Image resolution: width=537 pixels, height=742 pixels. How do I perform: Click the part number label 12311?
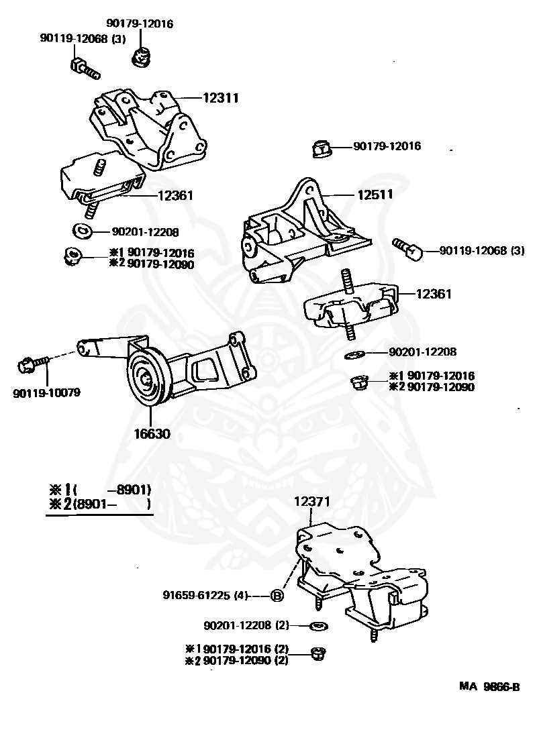220,98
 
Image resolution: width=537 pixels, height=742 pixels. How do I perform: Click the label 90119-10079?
46,392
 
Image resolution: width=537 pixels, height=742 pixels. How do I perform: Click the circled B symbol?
278,595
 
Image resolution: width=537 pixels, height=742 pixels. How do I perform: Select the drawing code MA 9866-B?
489,686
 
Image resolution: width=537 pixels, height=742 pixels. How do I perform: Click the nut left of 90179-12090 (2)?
319,652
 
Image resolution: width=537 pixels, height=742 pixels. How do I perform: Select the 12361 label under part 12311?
175,196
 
